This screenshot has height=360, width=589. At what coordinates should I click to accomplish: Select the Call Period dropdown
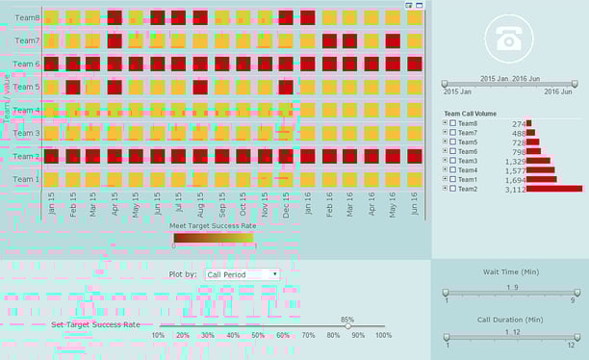pos(243,274)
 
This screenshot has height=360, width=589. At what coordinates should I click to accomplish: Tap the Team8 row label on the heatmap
pos(27,18)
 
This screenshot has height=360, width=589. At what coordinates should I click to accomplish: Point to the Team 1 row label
pos(27,179)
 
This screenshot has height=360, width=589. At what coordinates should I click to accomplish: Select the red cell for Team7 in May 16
pos(393,41)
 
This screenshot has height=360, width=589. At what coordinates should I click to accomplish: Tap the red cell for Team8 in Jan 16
pos(308,18)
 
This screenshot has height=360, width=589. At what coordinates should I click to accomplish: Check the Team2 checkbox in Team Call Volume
pos(452,189)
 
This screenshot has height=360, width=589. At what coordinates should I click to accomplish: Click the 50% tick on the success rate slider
pos(258,335)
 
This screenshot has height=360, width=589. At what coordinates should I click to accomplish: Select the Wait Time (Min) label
pos(509,272)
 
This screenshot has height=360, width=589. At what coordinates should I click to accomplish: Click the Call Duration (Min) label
pos(509,319)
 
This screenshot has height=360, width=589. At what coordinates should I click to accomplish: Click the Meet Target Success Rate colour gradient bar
pos(213,237)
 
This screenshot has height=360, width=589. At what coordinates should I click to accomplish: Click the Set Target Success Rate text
pos(95,325)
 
